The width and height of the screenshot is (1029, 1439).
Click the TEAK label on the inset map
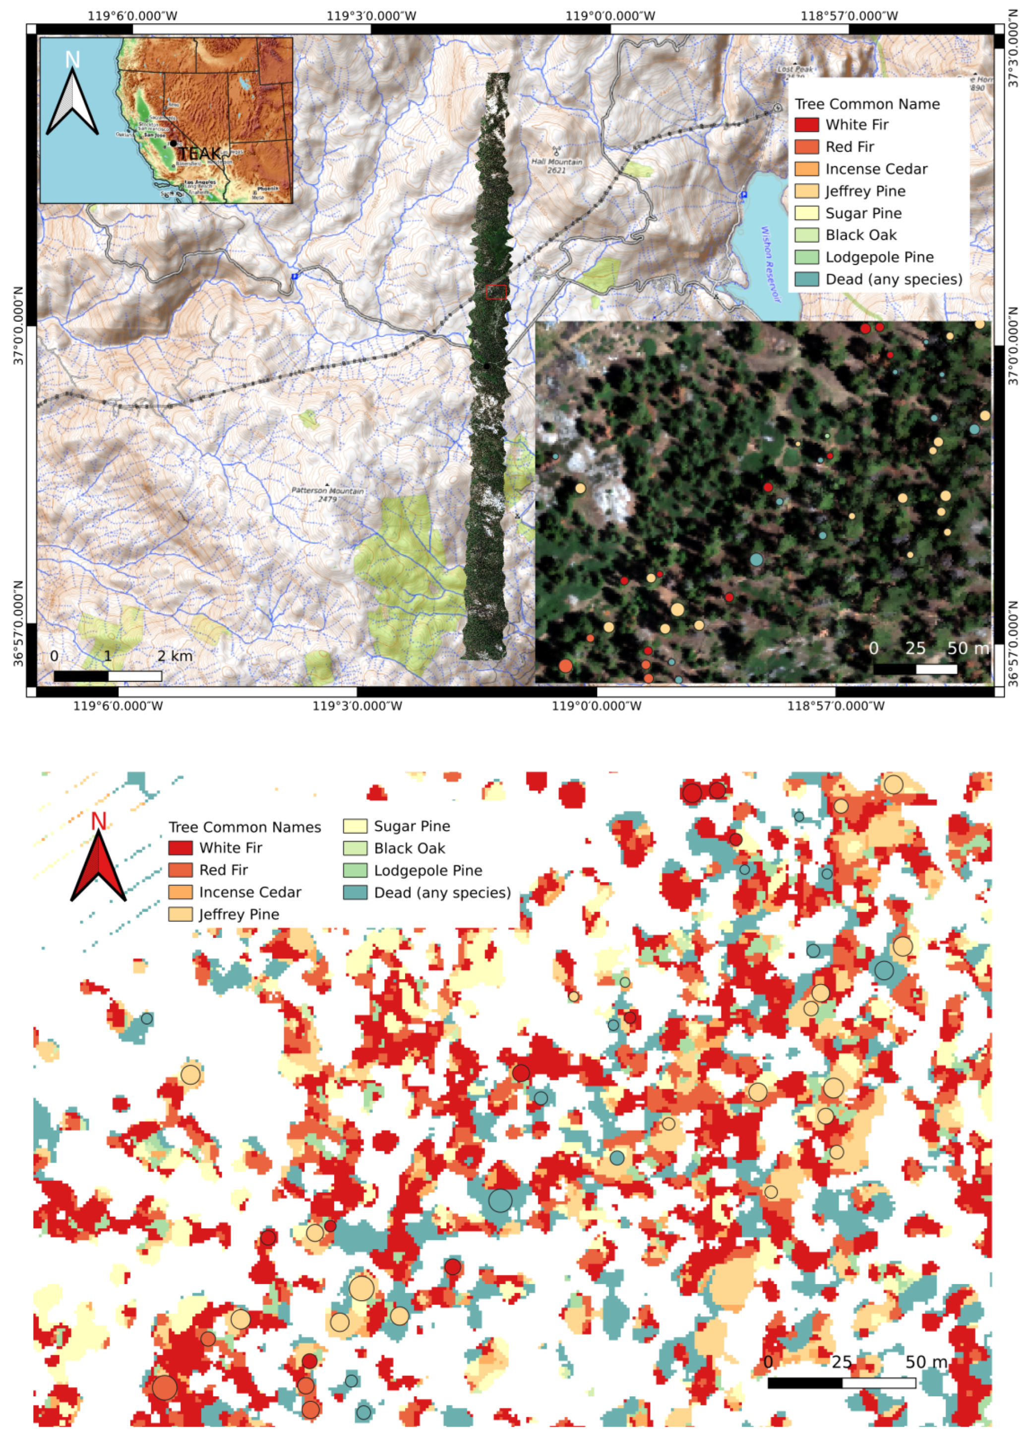click(199, 153)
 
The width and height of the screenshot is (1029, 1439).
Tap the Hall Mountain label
click(556, 162)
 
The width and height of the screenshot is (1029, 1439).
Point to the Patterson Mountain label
click(328, 491)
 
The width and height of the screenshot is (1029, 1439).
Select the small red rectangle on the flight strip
click(496, 292)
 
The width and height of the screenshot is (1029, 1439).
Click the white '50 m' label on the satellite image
click(967, 649)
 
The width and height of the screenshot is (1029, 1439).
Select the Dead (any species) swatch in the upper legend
click(807, 279)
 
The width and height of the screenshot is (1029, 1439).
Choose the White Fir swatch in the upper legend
click(807, 125)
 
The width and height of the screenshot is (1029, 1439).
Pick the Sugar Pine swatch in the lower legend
click(355, 826)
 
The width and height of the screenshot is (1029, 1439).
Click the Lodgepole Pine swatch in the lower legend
click(355, 870)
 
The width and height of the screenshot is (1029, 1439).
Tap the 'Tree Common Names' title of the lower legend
click(244, 827)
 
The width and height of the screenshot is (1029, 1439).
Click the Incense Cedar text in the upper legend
click(876, 169)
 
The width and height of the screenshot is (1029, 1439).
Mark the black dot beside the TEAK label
click(173, 144)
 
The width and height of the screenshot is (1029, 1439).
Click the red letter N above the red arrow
click(98, 822)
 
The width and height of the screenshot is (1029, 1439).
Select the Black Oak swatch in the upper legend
click(807, 235)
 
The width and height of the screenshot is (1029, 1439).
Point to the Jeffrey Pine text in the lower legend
click(239, 914)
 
